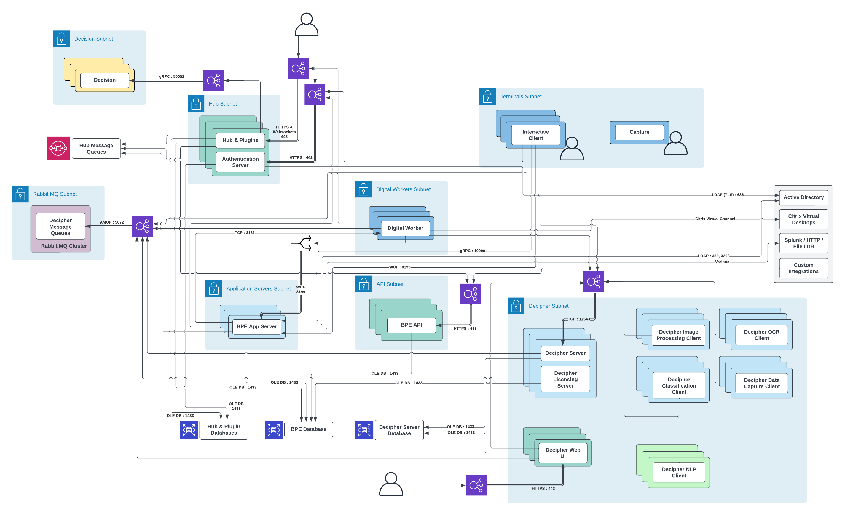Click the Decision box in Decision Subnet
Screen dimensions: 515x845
click(x=105, y=80)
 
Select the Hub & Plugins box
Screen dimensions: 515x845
click(x=240, y=140)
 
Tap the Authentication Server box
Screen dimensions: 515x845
click(x=240, y=162)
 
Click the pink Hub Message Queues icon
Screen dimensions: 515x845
click(x=58, y=148)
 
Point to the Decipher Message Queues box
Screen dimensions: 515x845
click(x=60, y=226)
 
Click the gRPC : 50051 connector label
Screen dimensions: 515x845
click(x=171, y=76)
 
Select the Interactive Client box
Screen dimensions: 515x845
click(x=535, y=135)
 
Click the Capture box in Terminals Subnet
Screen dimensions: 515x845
click(x=639, y=132)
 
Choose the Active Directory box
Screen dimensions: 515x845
click(x=803, y=197)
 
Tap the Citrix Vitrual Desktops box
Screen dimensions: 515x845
click(x=803, y=219)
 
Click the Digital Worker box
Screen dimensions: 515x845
click(x=405, y=228)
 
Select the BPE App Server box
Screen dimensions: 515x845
click(x=256, y=326)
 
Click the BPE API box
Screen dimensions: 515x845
click(x=411, y=325)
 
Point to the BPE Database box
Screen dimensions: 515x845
click(x=308, y=429)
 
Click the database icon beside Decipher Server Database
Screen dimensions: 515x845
click(x=364, y=430)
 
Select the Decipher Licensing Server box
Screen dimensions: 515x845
click(x=565, y=379)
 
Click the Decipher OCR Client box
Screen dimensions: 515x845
click(x=761, y=335)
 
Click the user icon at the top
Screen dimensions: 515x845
click(x=306, y=25)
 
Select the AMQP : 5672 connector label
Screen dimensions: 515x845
click(x=112, y=222)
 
